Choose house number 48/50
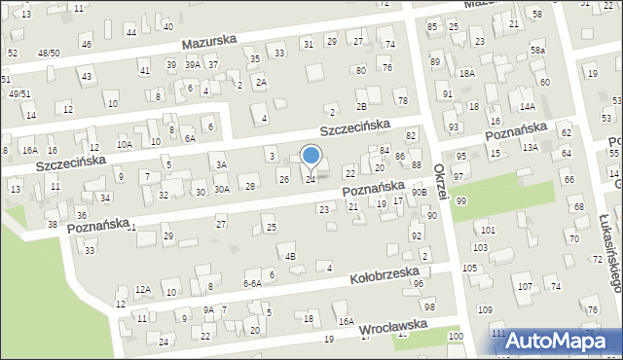pos(48,53)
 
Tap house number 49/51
pos(19,93)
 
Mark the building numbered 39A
pos(193,64)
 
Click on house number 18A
pos(467,73)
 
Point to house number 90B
pos(419,193)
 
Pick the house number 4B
pos(289,256)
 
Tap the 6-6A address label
pos(251,283)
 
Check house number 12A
pos(143,289)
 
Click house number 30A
pos(222,189)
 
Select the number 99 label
pos(460,200)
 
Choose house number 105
pos(470,268)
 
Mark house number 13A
pos(530,147)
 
